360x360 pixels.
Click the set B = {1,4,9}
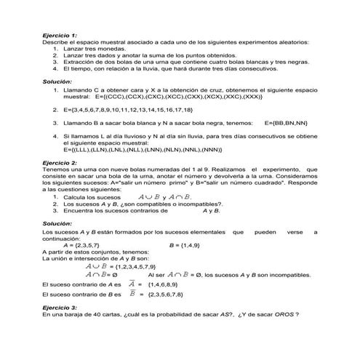click(x=186, y=246)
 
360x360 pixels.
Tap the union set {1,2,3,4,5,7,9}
click(x=132, y=267)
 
